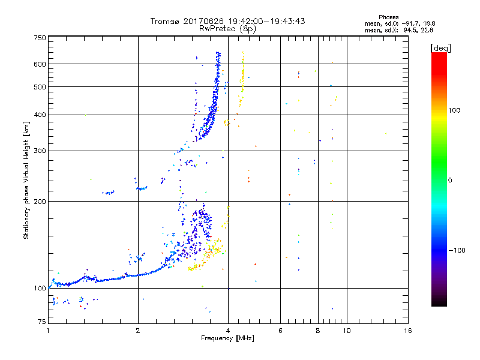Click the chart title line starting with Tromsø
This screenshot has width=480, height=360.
[228, 21]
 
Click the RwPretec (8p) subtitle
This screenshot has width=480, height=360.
[228, 28]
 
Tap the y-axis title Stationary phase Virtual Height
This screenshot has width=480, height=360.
[26, 180]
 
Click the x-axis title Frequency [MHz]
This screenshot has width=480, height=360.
[228, 339]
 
